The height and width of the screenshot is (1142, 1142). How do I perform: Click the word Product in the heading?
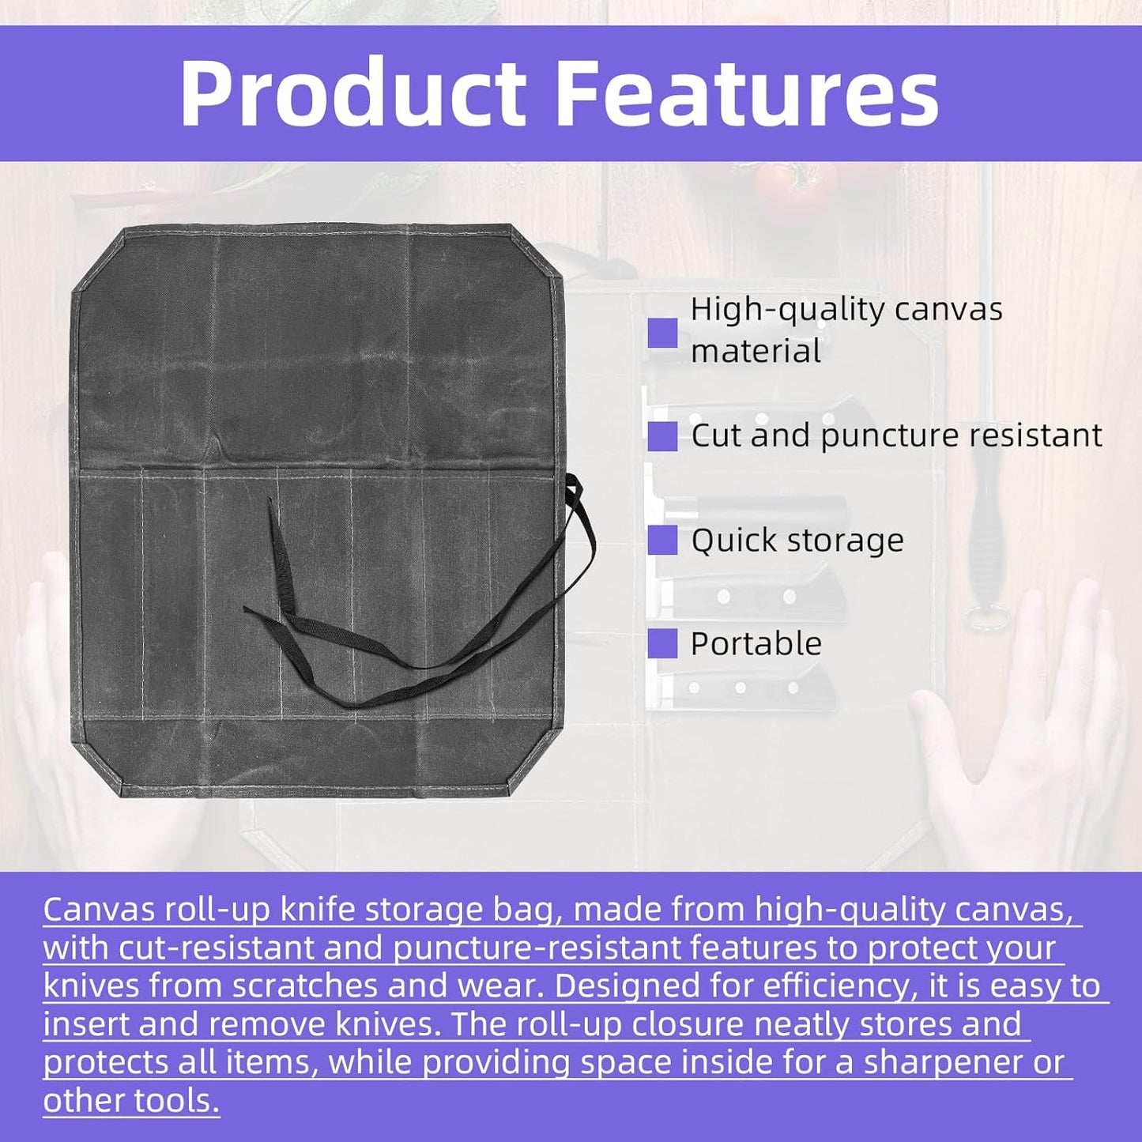click(353, 95)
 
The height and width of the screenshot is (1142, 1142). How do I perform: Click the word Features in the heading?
click(748, 95)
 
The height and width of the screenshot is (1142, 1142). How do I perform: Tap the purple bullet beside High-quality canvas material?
click(662, 333)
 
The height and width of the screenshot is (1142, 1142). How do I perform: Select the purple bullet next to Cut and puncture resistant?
click(662, 437)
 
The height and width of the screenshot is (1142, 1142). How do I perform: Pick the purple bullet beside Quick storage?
click(662, 540)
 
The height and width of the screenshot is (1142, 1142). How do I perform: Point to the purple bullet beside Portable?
click(662, 643)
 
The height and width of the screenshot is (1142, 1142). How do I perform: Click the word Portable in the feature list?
click(756, 643)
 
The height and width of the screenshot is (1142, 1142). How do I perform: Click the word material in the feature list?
click(756, 351)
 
